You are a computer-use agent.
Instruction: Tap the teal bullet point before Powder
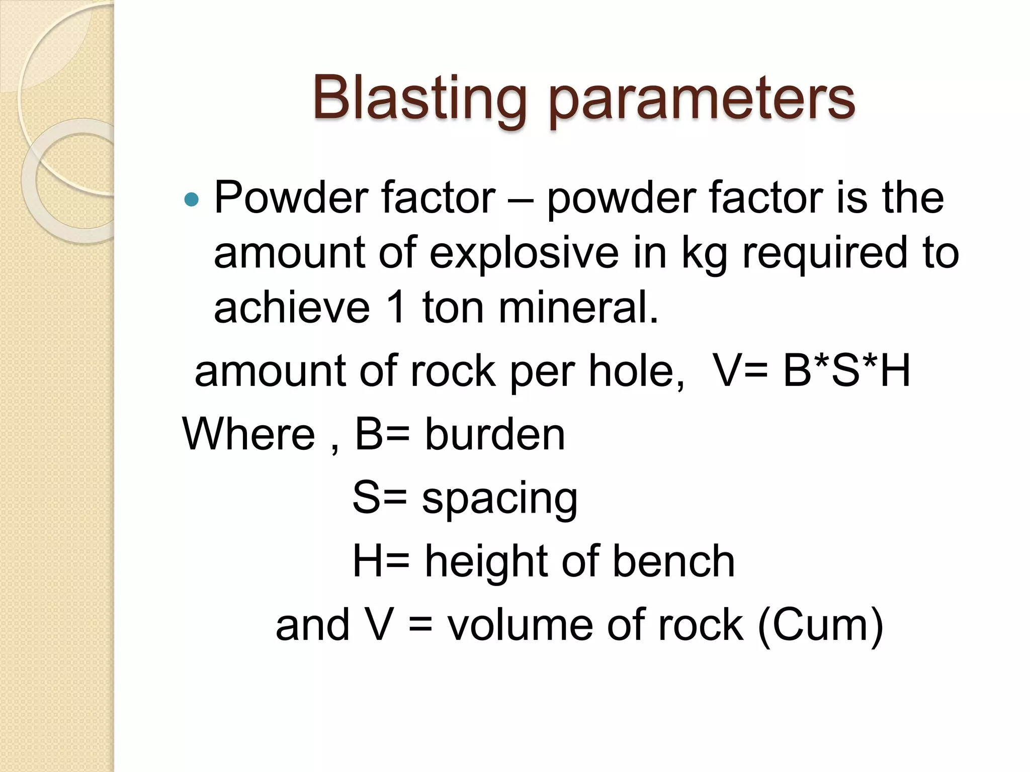[x=192, y=200]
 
